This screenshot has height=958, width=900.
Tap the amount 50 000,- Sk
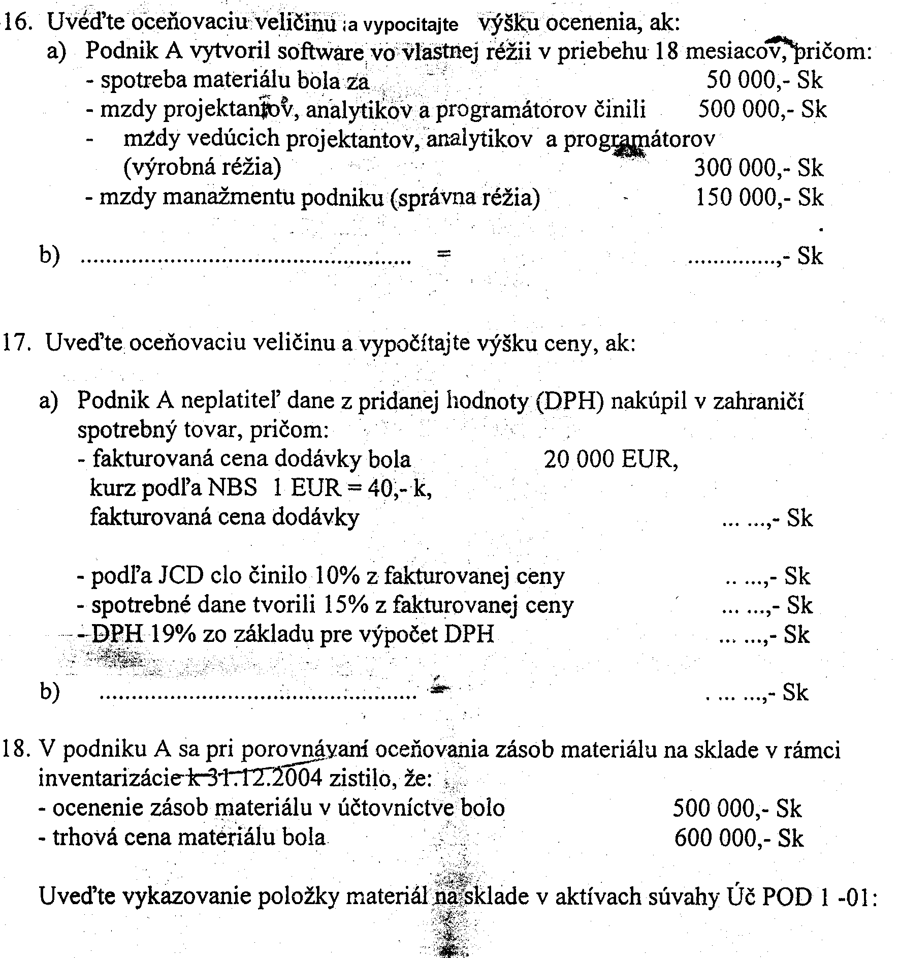pos(764,80)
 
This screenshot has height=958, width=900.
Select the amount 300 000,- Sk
pos(758,168)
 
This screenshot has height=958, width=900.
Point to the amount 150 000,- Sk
pos(759,197)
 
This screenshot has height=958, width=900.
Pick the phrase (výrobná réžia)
pos(202,168)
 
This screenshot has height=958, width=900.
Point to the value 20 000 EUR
pos(610,460)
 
